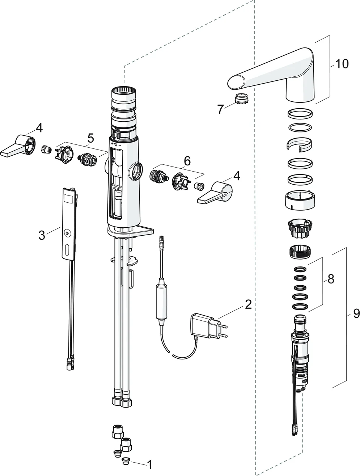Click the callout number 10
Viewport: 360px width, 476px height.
pyautogui.click(x=342, y=64)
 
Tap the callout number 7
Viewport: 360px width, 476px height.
pyautogui.click(x=220, y=109)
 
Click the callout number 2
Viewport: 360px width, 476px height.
pyautogui.click(x=248, y=304)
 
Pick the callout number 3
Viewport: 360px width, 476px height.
pyautogui.click(x=42, y=235)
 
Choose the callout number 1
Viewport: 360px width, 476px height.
pyautogui.click(x=149, y=464)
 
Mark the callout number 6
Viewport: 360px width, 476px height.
pyautogui.click(x=187, y=161)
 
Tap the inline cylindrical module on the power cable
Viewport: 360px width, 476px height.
pyautogui.click(x=160, y=299)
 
